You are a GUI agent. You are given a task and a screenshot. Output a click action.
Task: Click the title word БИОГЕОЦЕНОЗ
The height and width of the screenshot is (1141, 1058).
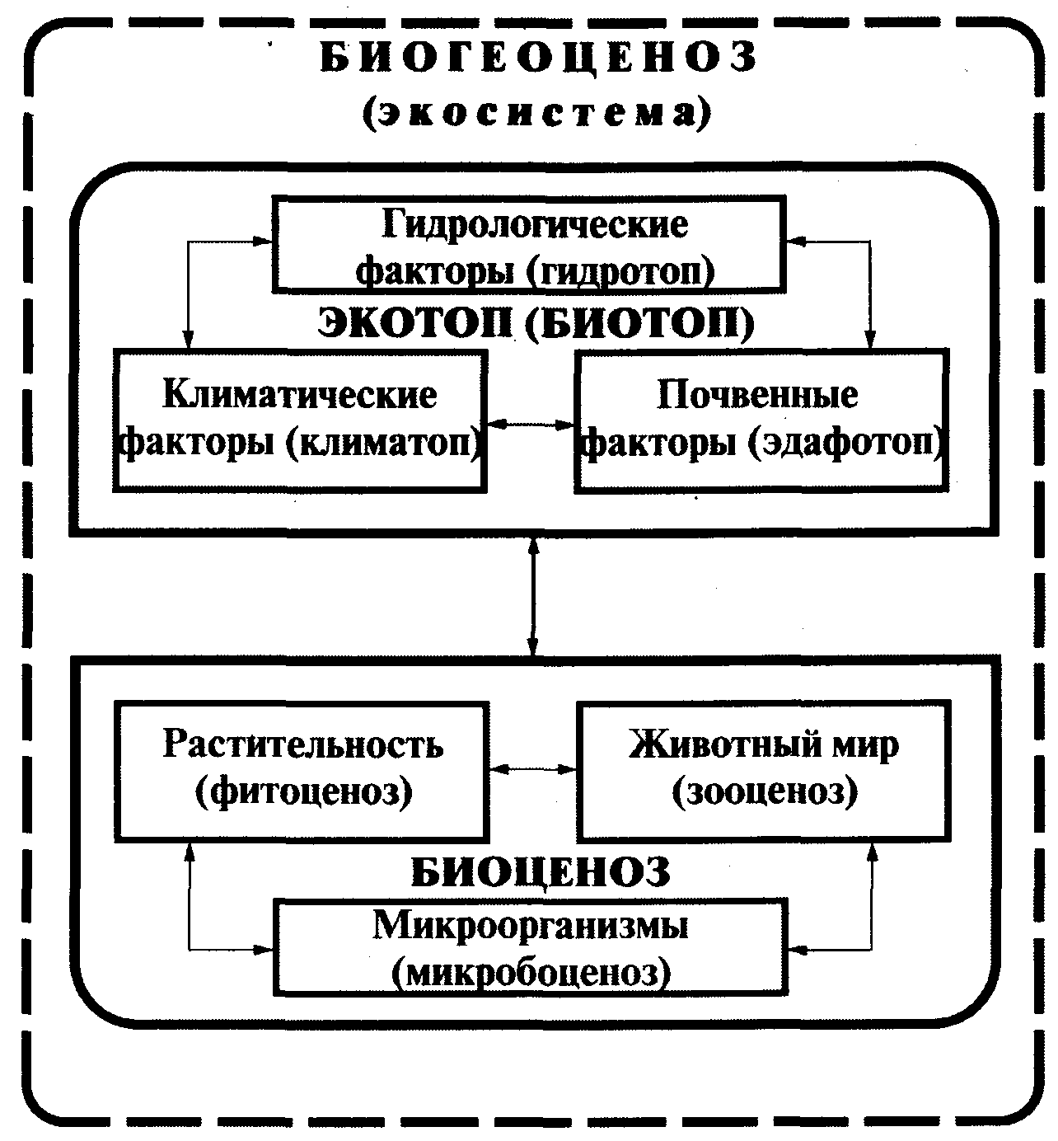pyautogui.click(x=537, y=59)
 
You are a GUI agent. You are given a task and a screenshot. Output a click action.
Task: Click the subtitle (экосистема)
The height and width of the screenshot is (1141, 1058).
pyautogui.click(x=536, y=113)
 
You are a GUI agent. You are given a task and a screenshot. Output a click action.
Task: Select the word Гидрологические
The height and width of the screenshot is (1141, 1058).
pyautogui.click(x=536, y=224)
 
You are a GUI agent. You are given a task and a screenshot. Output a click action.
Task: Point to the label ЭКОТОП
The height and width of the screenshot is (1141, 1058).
pyautogui.click(x=415, y=324)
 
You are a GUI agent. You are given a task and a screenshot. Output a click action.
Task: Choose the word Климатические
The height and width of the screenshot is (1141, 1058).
pyautogui.click(x=300, y=394)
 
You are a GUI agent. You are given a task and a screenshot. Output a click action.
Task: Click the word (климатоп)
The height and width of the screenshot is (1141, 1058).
pyautogui.click(x=384, y=443)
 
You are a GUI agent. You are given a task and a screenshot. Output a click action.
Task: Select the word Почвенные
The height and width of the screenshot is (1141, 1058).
pyautogui.click(x=757, y=394)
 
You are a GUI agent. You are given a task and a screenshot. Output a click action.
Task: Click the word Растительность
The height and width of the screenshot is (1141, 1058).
pyautogui.click(x=303, y=744)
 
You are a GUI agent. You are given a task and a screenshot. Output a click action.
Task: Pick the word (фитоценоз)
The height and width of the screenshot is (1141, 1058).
pyautogui.click(x=303, y=792)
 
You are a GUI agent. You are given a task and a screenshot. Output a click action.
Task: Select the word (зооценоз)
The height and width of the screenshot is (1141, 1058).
pyautogui.click(x=765, y=792)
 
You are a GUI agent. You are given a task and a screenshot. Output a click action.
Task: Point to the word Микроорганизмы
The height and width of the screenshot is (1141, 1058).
pyautogui.click(x=531, y=926)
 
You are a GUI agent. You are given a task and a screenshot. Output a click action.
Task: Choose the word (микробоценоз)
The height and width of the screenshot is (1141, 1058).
pyautogui.click(x=531, y=974)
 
